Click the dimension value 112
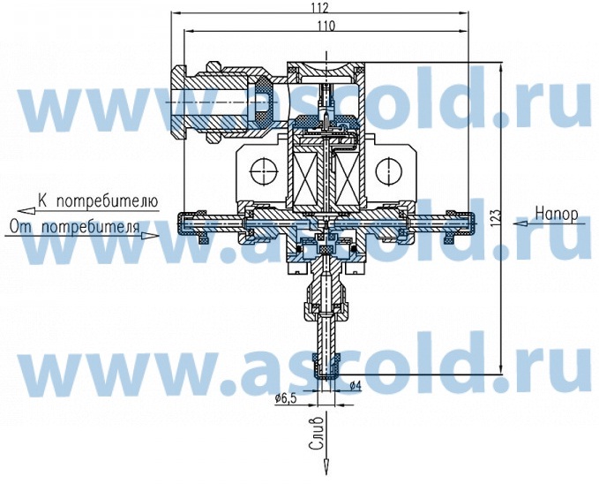(320, 7)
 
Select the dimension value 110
(326, 26)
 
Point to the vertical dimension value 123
(496, 219)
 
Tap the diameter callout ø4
(356, 386)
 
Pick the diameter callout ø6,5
(286, 399)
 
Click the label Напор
(557, 214)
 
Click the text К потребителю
(98, 200)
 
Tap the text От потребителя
(74, 226)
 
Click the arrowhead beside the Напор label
(520, 223)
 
